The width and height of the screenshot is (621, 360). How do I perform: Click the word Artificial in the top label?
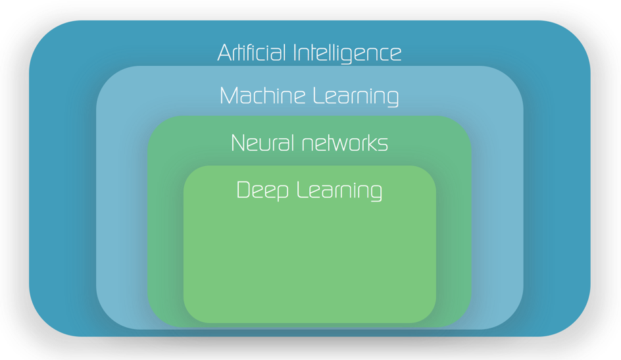252,53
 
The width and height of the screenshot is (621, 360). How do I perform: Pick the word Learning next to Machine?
355,97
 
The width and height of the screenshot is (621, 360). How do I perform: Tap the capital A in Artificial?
224,53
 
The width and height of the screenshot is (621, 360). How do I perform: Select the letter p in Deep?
282,192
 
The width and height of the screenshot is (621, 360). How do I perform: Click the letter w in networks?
331,144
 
